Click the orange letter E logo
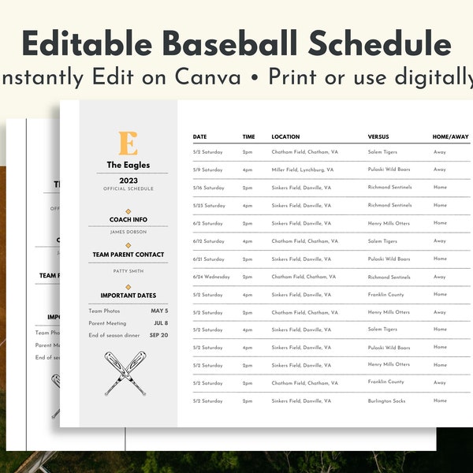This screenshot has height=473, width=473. point(127,143)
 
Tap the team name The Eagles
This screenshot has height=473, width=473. point(128,166)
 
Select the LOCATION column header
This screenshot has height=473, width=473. point(285,137)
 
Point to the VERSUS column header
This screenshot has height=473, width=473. point(378,137)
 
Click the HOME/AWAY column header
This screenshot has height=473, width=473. point(450,137)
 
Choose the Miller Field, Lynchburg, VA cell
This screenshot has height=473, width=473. point(303,169)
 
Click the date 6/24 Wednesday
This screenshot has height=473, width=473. point(211,277)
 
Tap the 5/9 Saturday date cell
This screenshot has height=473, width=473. point(208,169)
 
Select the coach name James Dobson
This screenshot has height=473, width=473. point(127,232)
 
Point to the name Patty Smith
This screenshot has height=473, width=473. point(128,271)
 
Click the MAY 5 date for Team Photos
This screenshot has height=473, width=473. point(159,311)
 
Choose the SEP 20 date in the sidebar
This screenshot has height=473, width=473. point(158,335)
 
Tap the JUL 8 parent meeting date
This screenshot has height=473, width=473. point(160,322)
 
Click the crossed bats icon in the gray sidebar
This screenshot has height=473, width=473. point(125,373)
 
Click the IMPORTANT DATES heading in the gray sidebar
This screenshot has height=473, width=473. point(128,296)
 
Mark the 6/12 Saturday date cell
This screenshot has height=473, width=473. point(209,241)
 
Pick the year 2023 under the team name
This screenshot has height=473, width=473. point(128,180)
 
